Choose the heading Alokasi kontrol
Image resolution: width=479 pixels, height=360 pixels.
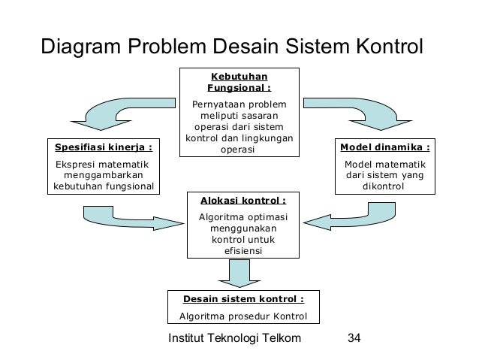pos(243,201)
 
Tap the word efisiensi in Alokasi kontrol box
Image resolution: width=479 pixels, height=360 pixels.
pos(243,250)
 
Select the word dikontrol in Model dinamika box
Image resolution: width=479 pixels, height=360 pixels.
pos(386,185)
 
